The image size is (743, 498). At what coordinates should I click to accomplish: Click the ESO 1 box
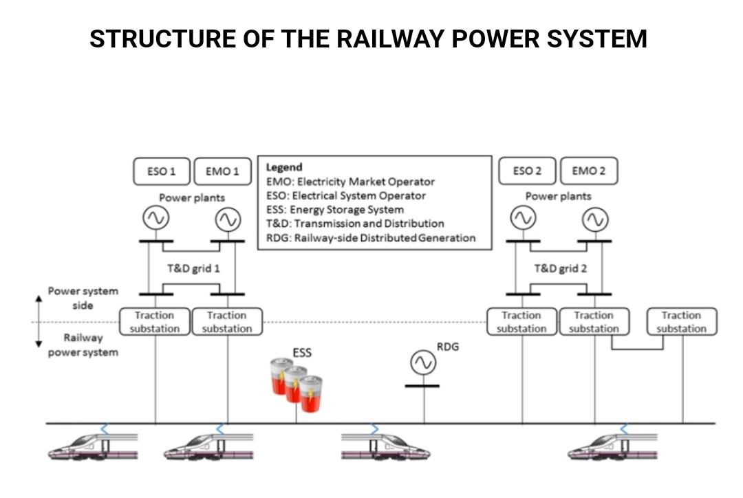click(162, 171)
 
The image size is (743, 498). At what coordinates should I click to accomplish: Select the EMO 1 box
click(222, 171)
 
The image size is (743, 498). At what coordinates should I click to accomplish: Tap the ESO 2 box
click(528, 171)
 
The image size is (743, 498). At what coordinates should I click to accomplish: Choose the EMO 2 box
click(589, 171)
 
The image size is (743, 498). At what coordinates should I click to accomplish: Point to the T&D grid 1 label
click(193, 268)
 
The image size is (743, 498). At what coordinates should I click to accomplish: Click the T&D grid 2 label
click(560, 268)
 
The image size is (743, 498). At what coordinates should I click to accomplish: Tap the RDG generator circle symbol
click(423, 362)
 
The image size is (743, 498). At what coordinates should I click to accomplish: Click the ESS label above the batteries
click(302, 353)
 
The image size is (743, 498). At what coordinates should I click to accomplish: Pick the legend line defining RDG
click(371, 238)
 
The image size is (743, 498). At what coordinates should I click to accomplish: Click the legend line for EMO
click(350, 182)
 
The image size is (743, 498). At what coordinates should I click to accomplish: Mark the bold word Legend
click(284, 167)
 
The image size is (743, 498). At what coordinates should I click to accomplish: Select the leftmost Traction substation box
click(155, 322)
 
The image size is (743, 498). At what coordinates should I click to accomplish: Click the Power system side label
click(83, 298)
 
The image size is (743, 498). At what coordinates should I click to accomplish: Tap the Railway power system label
click(83, 345)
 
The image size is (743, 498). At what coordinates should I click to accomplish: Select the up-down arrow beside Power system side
click(39, 322)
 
